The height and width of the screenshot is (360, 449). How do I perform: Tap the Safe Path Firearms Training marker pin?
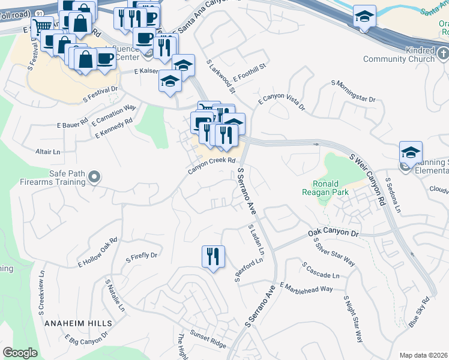coord(94,177)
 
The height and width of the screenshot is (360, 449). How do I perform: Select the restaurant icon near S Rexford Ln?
coord(213,257)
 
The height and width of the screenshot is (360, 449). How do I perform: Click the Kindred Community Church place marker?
coord(442,55)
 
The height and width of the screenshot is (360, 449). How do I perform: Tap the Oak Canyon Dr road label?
coord(333,232)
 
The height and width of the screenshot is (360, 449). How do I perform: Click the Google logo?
coord(20,352)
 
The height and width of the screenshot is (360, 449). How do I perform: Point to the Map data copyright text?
coord(423,355)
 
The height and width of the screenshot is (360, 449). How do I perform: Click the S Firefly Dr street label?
coord(141,256)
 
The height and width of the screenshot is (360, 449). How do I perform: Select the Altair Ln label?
coord(48,152)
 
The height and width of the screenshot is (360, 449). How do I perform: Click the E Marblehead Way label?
coord(306,289)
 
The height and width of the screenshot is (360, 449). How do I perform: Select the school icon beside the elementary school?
coord(411,153)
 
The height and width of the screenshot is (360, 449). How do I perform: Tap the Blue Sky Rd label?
coord(420,312)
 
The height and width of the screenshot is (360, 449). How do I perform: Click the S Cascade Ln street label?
coord(321,269)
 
